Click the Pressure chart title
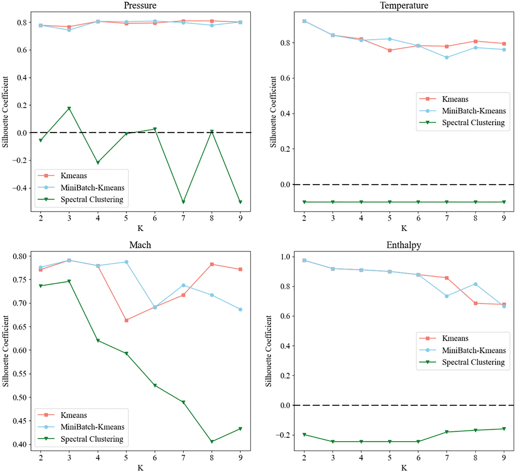[140, 5]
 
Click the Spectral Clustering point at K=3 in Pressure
[69, 108]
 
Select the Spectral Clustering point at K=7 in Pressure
[183, 202]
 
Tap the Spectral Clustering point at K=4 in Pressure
[98, 162]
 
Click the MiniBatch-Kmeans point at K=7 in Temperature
[447, 58]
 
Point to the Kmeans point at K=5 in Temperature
[390, 50]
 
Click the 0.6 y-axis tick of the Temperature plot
[285, 78]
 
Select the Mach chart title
[140, 245]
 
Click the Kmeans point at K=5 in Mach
[126, 320]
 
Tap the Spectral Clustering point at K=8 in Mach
[212, 442]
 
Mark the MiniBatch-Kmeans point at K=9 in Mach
[240, 310]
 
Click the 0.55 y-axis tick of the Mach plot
[20, 374]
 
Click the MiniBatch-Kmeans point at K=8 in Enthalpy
[476, 284]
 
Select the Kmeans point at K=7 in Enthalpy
[447, 278]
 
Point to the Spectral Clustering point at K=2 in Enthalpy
[304, 435]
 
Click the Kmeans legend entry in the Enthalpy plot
[455, 338]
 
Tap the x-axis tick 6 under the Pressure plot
[155, 218]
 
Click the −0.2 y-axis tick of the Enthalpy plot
[284, 435]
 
